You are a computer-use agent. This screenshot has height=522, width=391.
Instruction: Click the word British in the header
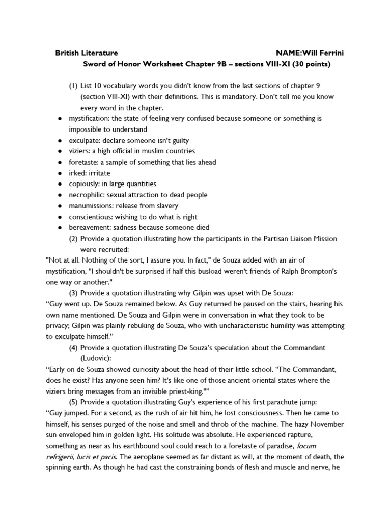[66, 53]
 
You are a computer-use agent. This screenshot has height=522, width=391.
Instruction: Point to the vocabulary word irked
[77, 173]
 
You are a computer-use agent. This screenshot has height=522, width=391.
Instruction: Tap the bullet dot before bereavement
[60, 227]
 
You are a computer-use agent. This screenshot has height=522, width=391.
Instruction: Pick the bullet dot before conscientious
[60, 217]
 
